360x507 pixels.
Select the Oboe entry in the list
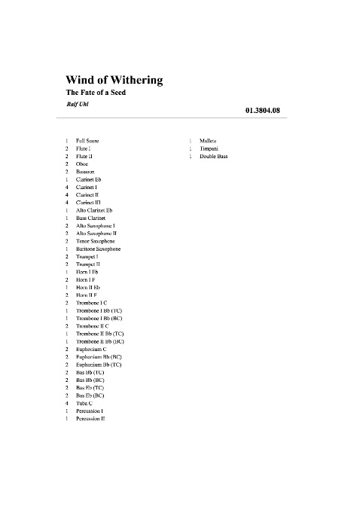tap(82, 163)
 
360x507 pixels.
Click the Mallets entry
tap(209, 141)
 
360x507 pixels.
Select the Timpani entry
tap(210, 148)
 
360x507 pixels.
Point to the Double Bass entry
tap(214, 156)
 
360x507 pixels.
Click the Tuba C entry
tap(85, 403)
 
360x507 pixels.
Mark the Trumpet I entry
tap(87, 256)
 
